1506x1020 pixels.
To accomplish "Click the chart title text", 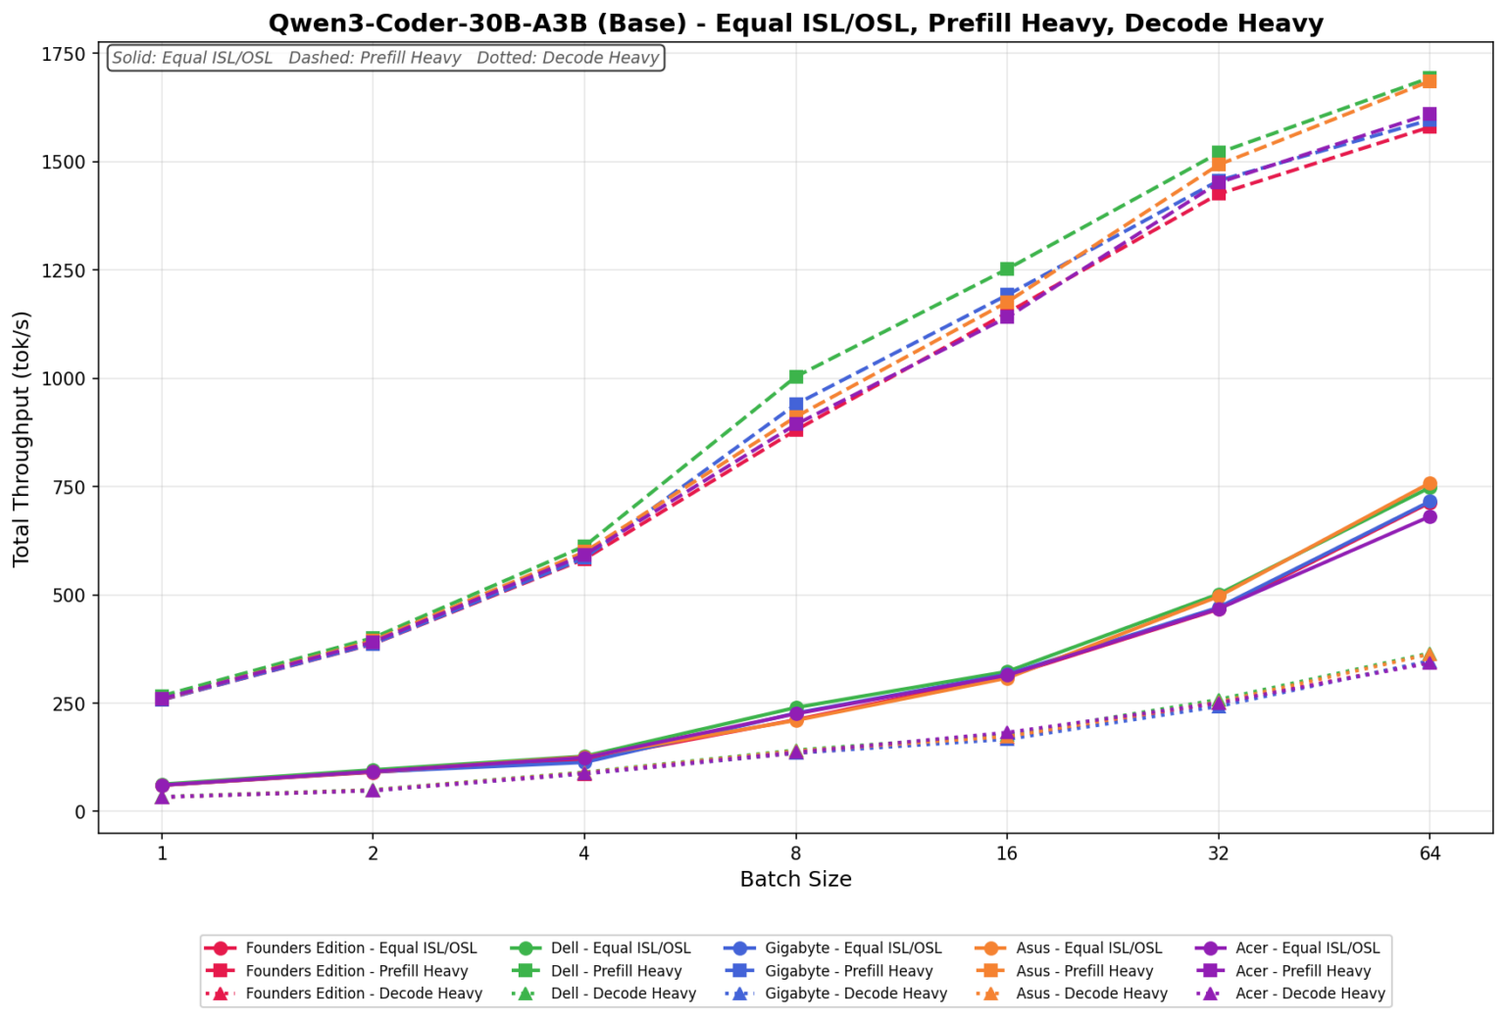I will click(795, 24).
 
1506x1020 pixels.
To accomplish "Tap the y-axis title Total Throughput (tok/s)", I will click(22, 438).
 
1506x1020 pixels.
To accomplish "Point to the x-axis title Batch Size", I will click(795, 879).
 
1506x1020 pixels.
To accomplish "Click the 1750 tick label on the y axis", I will click(63, 54).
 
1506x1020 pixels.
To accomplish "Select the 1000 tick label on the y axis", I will click(63, 378).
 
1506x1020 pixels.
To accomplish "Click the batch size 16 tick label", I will click(1007, 852).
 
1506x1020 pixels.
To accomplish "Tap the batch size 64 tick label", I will click(1430, 852).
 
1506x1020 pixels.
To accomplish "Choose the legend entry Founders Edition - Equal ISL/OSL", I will click(361, 948).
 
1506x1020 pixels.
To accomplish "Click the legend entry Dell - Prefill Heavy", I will click(616, 971).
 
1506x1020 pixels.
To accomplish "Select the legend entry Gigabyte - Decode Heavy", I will click(856, 994).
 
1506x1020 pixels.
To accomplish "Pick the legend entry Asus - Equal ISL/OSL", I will click(1088, 948).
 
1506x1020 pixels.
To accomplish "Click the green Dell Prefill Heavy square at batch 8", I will click(796, 376).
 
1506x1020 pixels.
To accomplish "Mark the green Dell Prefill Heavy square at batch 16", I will click(1007, 268).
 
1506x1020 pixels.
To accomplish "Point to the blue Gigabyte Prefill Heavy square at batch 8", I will click(796, 404).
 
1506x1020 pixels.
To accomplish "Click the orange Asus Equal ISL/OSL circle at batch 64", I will click(1430, 484).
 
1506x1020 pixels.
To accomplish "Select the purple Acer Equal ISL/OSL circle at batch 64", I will click(1430, 516).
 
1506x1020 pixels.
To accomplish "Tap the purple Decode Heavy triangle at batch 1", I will click(162, 797).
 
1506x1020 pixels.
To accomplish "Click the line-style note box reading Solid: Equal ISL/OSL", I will click(385, 58).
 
